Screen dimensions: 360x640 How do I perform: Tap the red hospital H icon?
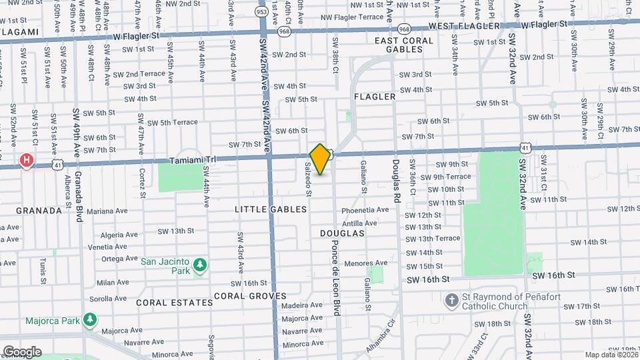[x=27, y=160]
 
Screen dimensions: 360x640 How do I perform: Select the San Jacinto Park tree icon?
[x=199, y=267]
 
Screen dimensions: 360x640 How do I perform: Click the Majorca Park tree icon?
[x=89, y=321]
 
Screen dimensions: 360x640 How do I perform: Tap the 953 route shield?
[x=262, y=11]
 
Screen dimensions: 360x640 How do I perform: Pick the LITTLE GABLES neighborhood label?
[x=271, y=209]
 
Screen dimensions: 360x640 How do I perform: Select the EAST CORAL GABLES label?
[x=404, y=45]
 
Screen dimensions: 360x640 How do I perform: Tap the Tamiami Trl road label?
[x=191, y=161]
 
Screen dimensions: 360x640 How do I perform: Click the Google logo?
[x=22, y=352]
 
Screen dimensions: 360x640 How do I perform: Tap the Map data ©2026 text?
[x=610, y=355]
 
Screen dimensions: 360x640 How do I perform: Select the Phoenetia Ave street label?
[x=365, y=210]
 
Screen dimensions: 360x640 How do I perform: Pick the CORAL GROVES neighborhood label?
[x=250, y=296]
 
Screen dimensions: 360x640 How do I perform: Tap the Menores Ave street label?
[x=366, y=263]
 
